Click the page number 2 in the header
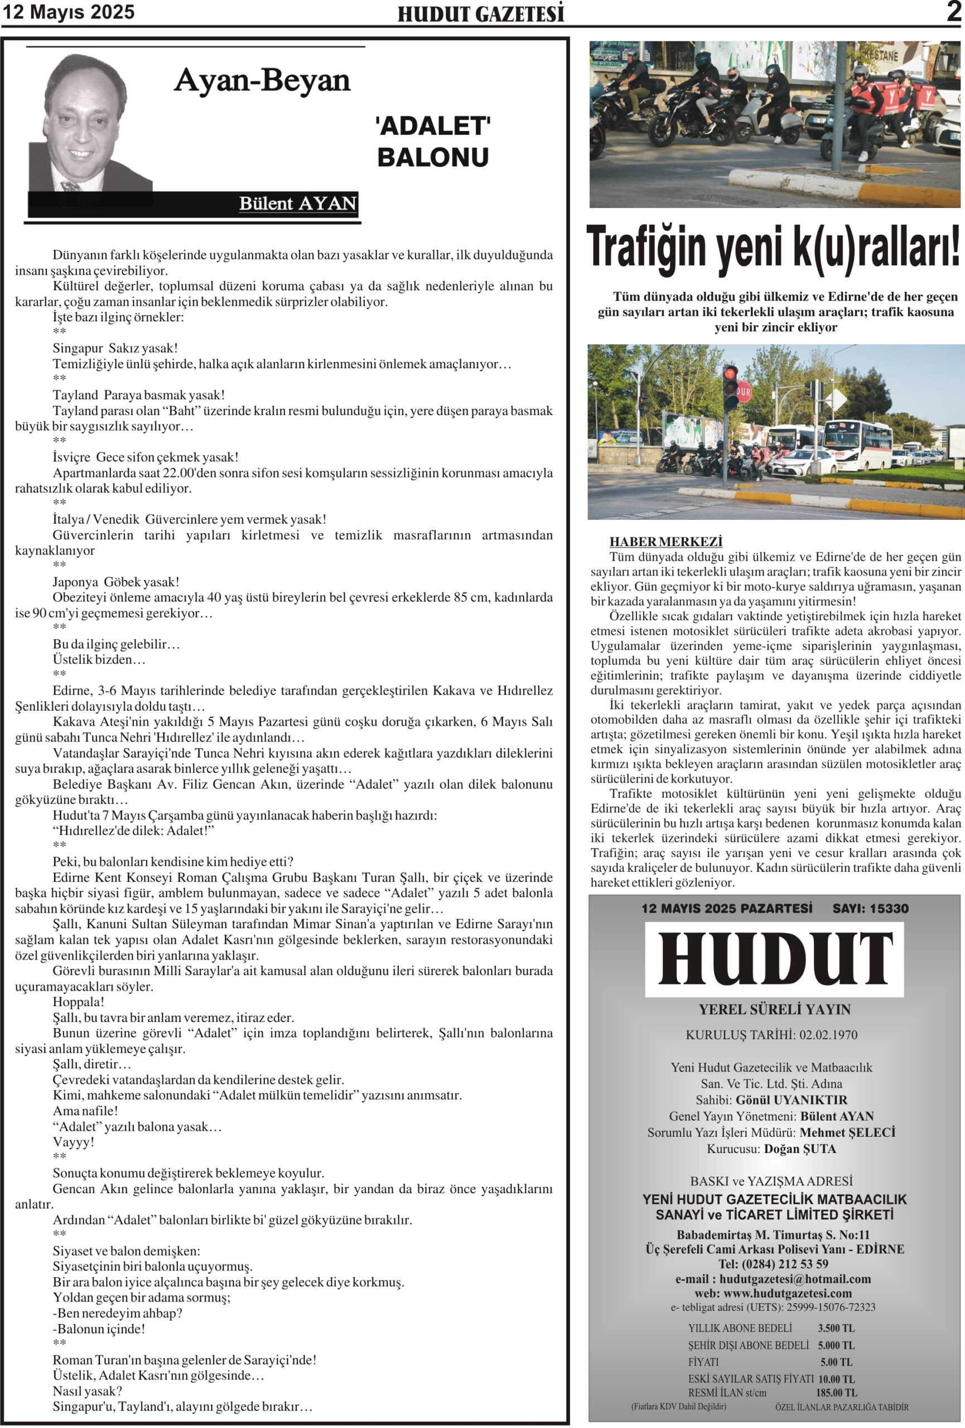pyautogui.click(x=953, y=12)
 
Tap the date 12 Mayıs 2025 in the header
pyautogui.click(x=68, y=12)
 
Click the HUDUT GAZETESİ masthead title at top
pyautogui.click(x=480, y=14)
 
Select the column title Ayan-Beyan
pyautogui.click(x=262, y=80)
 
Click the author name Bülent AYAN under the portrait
pyautogui.click(x=297, y=204)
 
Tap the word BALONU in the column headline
pyautogui.click(x=432, y=157)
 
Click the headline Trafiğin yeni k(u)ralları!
pyautogui.click(x=773, y=248)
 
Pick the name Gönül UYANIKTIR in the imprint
pyautogui.click(x=791, y=1100)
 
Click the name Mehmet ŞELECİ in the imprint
pyautogui.click(x=847, y=1132)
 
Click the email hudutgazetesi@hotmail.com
pyautogui.click(x=795, y=1279)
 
